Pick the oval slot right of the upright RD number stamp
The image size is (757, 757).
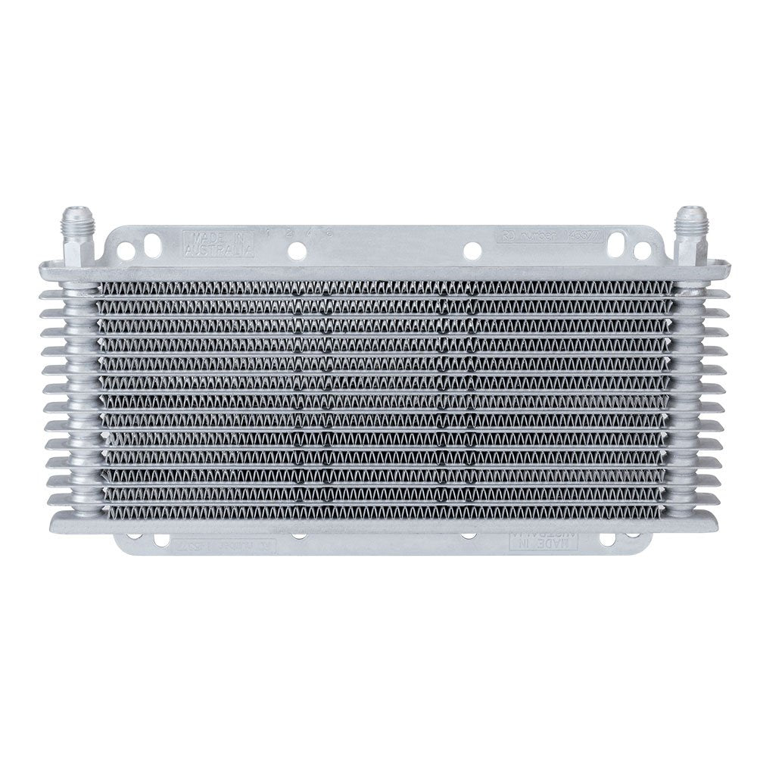617,240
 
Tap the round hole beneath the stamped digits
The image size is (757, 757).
298,251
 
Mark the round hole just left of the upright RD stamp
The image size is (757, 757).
472,249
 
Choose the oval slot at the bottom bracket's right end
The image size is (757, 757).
606,540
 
